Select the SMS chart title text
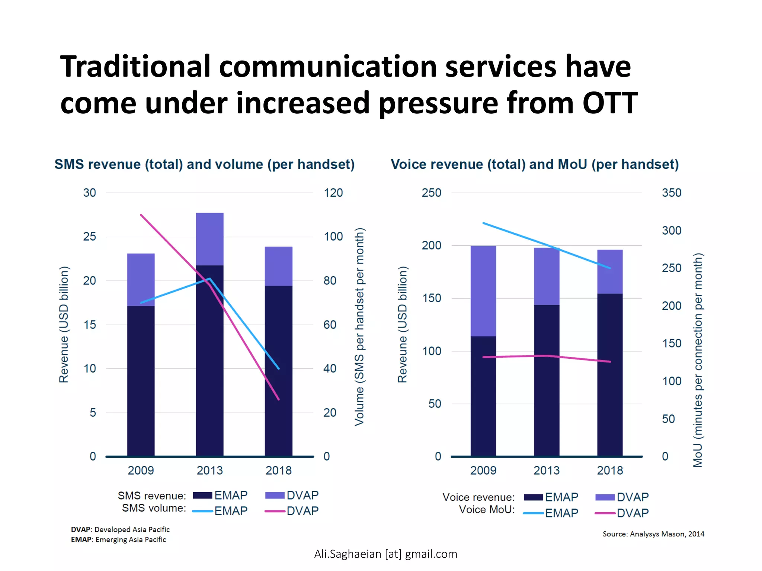pos(204,164)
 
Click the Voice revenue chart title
pos(535,164)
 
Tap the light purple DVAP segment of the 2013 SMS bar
pos(209,239)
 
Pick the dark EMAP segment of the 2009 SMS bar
pos(141,379)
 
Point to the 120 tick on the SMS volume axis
pos(333,193)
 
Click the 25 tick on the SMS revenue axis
pos(89,237)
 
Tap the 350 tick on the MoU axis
pos(671,193)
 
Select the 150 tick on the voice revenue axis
pos(431,298)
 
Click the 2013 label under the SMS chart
pos(209,471)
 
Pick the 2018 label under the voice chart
pos(609,471)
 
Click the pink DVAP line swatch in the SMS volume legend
pos(275,512)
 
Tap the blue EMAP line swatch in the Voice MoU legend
pos(533,513)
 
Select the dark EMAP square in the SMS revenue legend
pos(202,496)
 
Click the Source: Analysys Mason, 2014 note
pos(653,534)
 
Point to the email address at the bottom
pos(385,554)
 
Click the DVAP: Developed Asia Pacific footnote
pos(120,530)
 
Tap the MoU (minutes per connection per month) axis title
pos(698,360)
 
